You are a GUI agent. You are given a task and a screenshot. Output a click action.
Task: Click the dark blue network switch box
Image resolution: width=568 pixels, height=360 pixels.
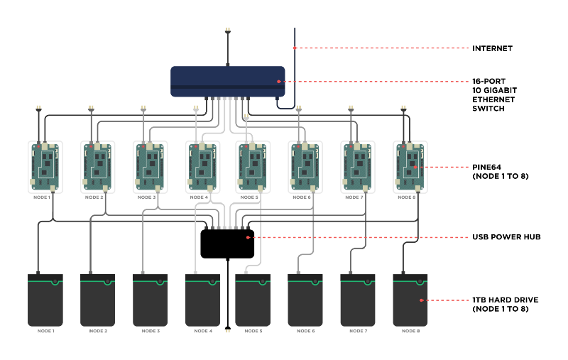coord(227,81)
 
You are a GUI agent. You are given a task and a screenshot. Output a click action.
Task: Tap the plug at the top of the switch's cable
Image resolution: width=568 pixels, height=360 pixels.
coord(228,31)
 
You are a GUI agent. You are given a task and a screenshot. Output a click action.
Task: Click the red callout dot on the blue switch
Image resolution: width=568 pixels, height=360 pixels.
coord(279,82)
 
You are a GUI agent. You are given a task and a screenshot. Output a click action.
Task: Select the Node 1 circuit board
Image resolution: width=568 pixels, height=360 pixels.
coord(45,167)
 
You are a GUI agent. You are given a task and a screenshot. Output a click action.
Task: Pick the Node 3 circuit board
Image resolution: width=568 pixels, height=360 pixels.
coord(150,167)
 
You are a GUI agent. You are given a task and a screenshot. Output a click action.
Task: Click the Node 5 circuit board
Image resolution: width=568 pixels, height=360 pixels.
coord(253,167)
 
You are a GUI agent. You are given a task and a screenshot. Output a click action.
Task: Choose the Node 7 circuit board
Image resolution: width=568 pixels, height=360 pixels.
coord(358,167)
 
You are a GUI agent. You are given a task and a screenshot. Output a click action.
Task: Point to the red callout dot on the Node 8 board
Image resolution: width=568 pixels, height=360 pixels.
coord(415,168)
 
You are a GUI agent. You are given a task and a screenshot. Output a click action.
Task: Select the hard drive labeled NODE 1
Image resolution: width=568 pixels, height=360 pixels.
coord(45,300)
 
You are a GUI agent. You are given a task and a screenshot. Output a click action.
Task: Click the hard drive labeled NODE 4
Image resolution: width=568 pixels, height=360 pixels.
coord(203,300)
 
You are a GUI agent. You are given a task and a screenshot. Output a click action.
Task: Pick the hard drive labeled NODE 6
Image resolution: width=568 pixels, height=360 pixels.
coord(305,300)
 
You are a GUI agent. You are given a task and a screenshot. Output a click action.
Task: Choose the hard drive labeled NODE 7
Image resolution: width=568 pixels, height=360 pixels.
coord(358,300)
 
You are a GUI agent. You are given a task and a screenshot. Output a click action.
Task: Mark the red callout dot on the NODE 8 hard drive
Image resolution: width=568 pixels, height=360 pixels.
coord(421,300)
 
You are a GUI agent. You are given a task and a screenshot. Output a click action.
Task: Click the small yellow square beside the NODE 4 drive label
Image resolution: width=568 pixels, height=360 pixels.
coord(228,331)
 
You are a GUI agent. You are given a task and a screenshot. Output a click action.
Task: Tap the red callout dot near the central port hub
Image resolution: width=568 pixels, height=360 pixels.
coord(248,237)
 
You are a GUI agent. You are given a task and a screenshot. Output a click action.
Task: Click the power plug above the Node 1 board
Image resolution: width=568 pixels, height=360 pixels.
coord(38,109)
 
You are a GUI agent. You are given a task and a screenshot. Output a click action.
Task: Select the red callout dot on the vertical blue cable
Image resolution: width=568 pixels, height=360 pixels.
coord(295,48)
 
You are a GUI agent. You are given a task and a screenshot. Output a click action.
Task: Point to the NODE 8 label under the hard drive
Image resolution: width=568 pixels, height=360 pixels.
coord(410,331)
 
